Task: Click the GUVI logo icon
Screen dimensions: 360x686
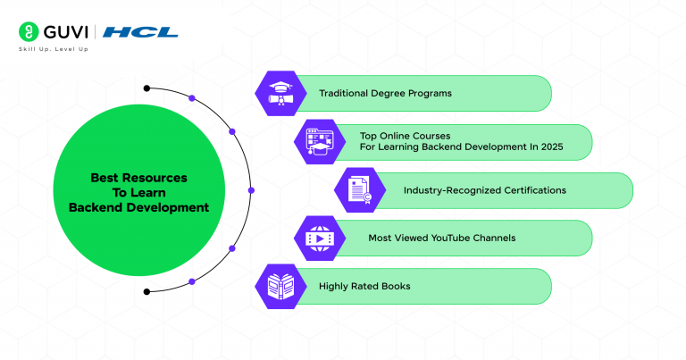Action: tap(27, 32)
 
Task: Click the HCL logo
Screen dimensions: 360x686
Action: tap(140, 33)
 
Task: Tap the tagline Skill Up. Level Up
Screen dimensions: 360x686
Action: tap(53, 49)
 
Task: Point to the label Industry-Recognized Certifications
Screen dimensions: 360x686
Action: tap(484, 190)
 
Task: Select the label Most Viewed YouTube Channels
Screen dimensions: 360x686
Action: tap(441, 239)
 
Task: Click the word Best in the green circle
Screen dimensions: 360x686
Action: tap(105, 178)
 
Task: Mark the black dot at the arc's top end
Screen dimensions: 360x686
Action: tap(147, 88)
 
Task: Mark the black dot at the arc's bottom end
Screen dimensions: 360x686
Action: tap(147, 291)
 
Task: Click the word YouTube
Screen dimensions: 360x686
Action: tap(456, 239)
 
